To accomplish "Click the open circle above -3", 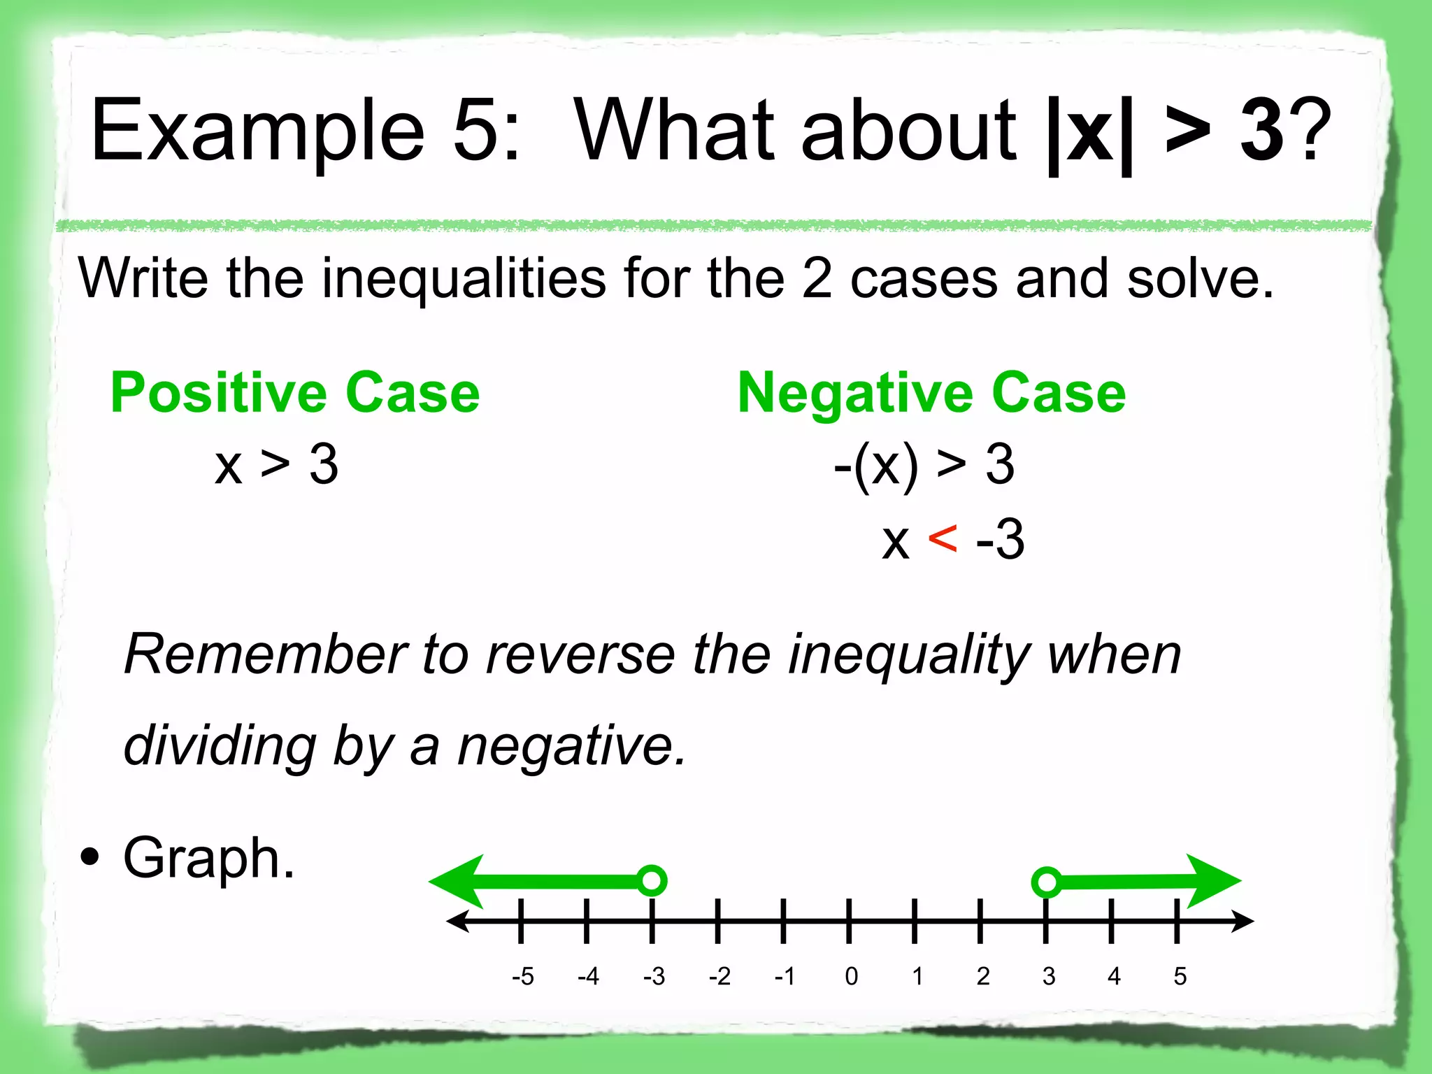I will (652, 880).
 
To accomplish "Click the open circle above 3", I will (1047, 882).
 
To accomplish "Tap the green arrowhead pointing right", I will (1213, 881).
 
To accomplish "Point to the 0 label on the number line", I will (851, 976).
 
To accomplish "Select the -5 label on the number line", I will (522, 976).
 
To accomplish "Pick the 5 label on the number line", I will (1180, 976).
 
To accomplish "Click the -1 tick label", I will (785, 976).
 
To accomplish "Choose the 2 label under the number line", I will (983, 976).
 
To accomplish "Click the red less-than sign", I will (943, 539).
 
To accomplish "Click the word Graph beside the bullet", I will (208, 859).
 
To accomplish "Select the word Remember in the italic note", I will (265, 654).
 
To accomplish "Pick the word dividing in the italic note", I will (220, 747).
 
